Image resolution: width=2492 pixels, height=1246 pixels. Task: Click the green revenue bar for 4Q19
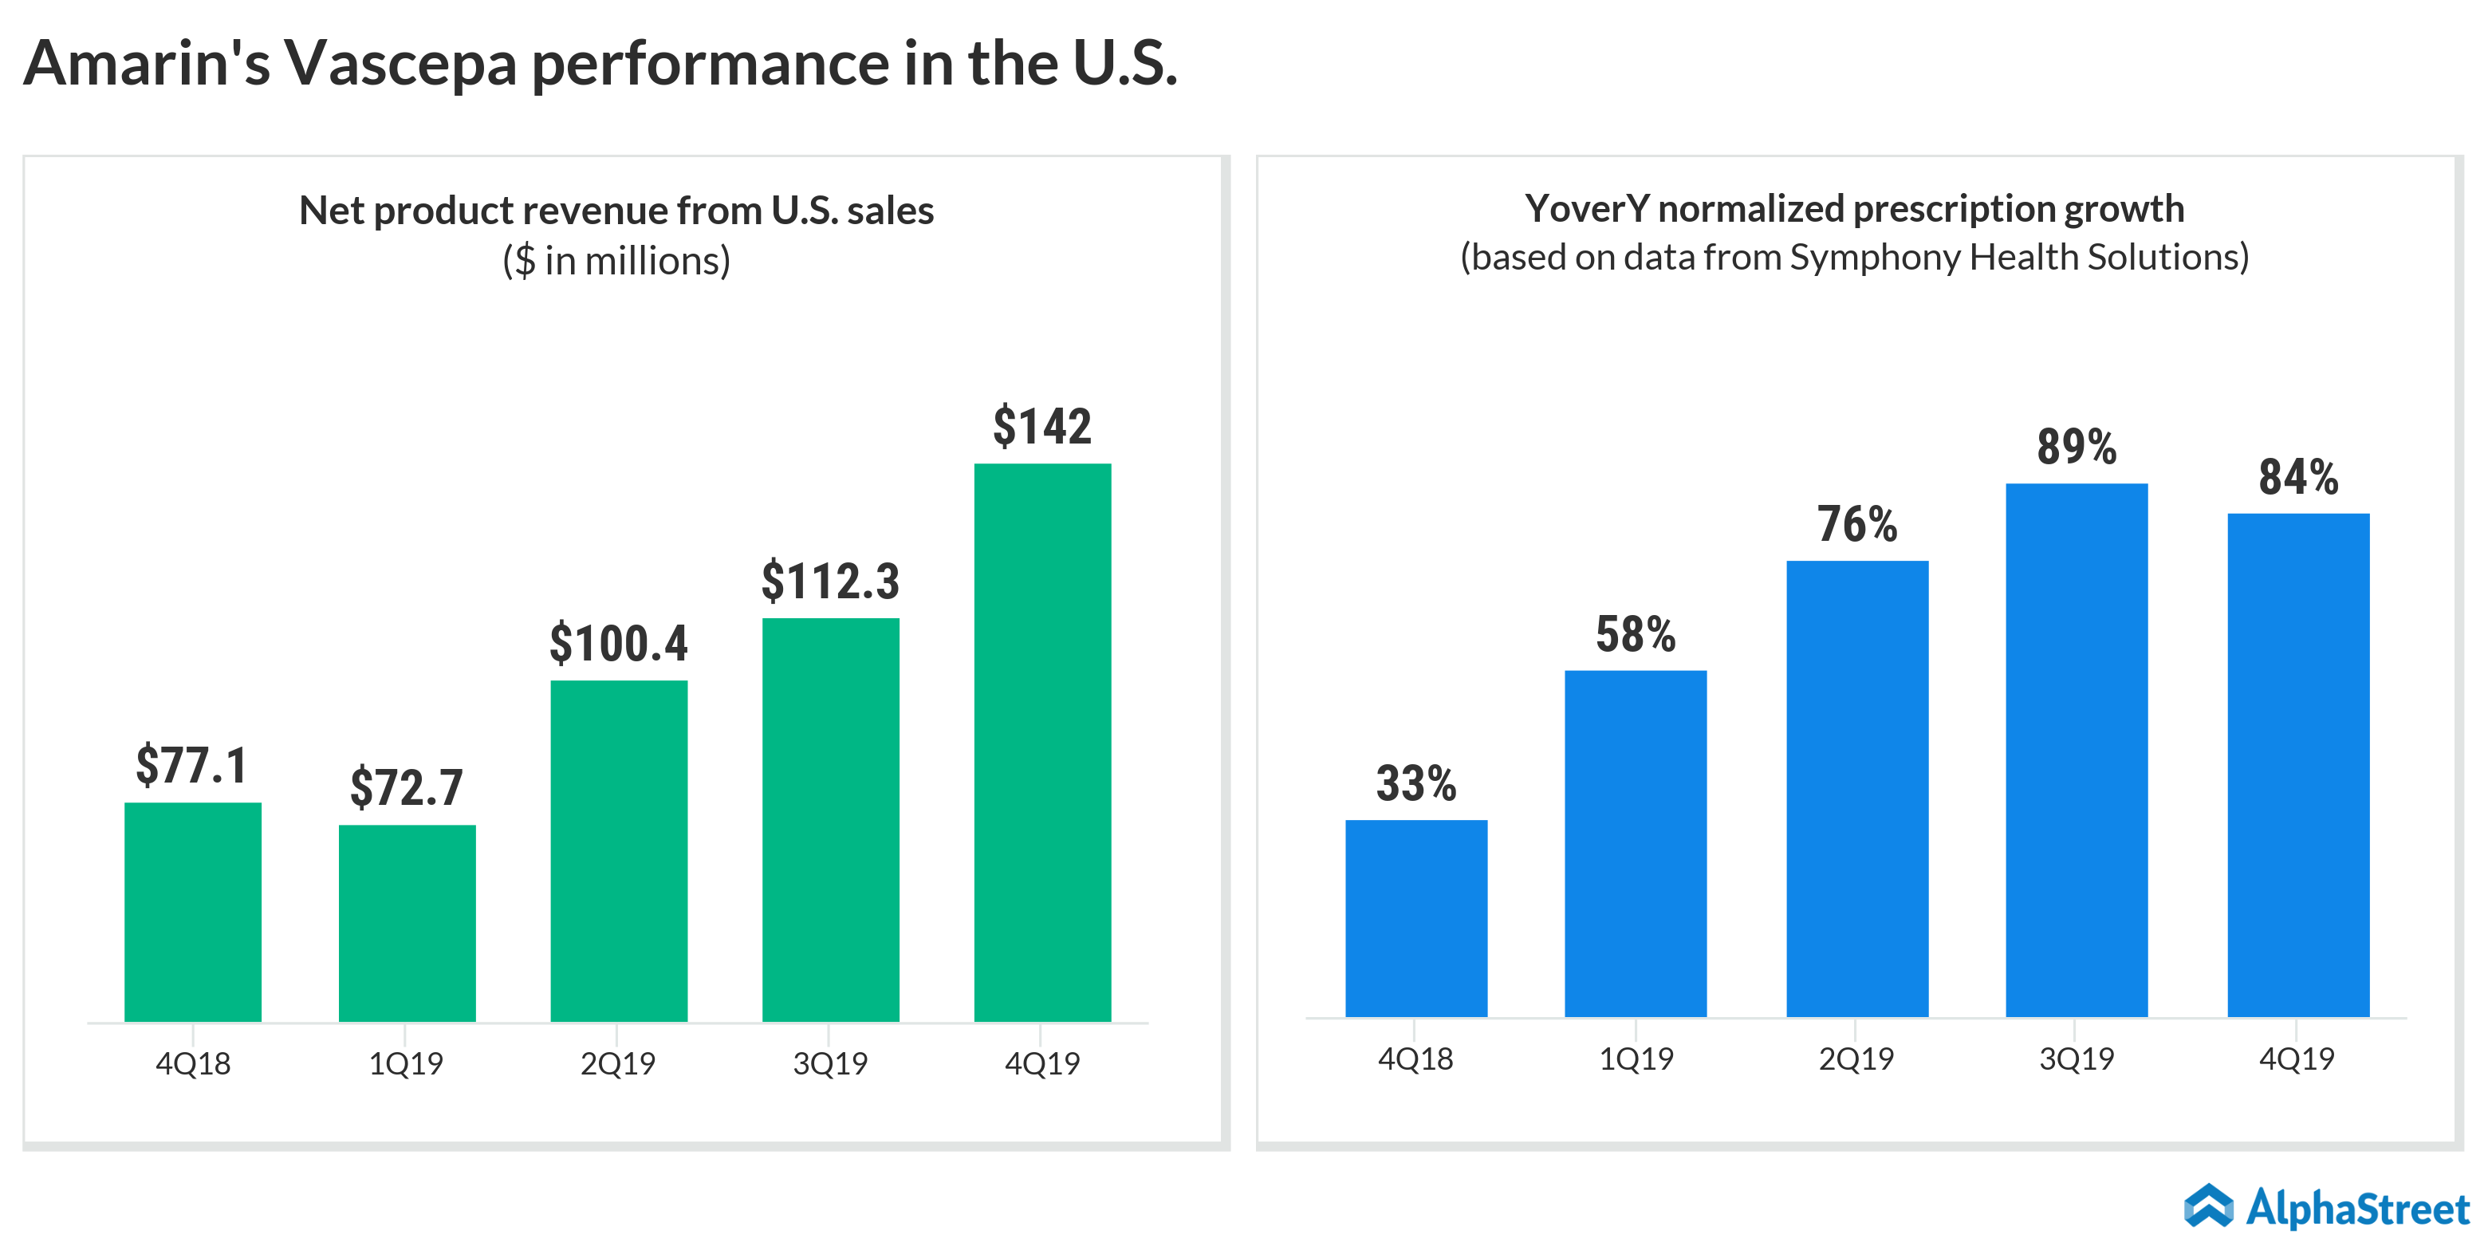pos(1042,742)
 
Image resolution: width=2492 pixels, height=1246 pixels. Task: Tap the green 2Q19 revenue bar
pos(618,850)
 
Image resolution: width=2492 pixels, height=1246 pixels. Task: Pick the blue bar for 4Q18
pos(1415,918)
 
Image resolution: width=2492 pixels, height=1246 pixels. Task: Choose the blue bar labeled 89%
pos(2076,750)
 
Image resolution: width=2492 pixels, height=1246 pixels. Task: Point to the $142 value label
pos(1042,427)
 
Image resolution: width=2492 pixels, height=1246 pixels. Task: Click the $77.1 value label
pos(191,765)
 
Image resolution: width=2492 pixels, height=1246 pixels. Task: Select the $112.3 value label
pos(830,582)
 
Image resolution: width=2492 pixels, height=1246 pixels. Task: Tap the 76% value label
pos(1856,524)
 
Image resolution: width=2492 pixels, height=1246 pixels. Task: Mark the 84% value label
pos(2297,477)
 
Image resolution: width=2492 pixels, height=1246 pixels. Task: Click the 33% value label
pos(1415,783)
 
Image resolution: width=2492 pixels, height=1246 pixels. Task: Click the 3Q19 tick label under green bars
pos(830,1064)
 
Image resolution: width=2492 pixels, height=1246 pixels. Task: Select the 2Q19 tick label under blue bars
pos(1856,1059)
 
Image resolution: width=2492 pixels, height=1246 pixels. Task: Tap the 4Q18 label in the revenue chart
pos(192,1064)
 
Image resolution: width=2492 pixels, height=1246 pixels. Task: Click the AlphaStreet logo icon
pos(2209,1206)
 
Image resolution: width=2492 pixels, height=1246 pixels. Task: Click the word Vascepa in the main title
pos(400,64)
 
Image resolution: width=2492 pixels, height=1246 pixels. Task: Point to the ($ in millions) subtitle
pos(616,261)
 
